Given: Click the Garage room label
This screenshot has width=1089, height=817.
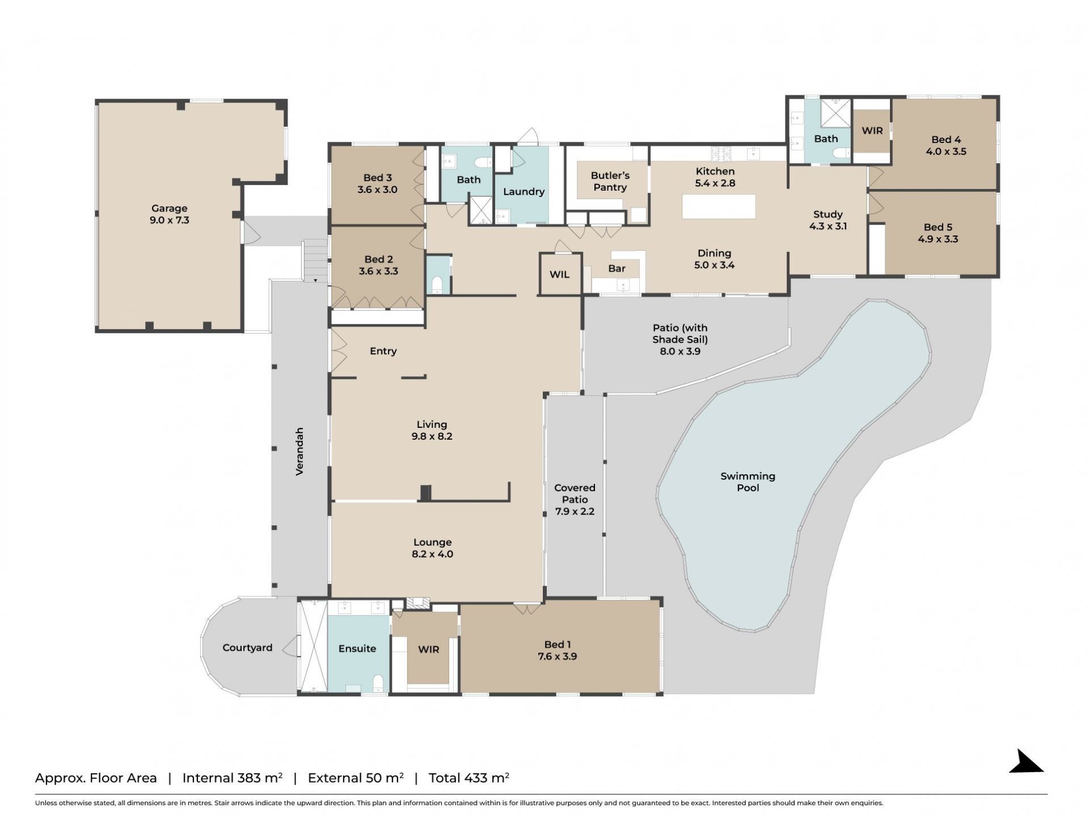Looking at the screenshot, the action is pos(169,208).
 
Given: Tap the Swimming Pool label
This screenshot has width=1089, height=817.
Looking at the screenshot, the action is pos(748,482).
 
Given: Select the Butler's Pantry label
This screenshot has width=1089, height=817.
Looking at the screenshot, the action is pos(610,182).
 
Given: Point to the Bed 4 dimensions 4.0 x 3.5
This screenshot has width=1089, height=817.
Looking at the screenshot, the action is pos(946,151).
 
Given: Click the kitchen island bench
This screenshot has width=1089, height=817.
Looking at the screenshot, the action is pos(719,207).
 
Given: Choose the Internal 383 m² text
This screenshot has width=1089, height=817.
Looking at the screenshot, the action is pos(232,778).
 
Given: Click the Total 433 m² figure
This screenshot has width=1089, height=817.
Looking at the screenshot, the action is pos(468,778).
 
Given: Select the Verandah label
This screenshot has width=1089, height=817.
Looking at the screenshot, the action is pos(300,451).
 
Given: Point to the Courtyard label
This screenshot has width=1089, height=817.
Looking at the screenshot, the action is pos(247,648).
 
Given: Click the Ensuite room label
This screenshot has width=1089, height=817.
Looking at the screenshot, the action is pos(357,648).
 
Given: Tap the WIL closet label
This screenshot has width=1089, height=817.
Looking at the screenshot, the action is pos(559,275).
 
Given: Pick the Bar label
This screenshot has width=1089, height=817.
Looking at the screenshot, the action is pos(617,268).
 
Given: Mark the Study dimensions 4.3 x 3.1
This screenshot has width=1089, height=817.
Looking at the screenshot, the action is pos(828,226).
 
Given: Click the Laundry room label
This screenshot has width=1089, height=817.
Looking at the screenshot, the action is pos(524,192).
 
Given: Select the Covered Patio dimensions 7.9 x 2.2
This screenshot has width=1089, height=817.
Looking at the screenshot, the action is pos(575,511).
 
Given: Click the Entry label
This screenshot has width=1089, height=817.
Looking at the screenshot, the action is pos(383,351).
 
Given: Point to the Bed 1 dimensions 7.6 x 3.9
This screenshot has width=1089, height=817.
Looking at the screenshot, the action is pos(558,656).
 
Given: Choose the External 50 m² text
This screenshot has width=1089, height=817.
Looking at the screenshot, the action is pos(356,778).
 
